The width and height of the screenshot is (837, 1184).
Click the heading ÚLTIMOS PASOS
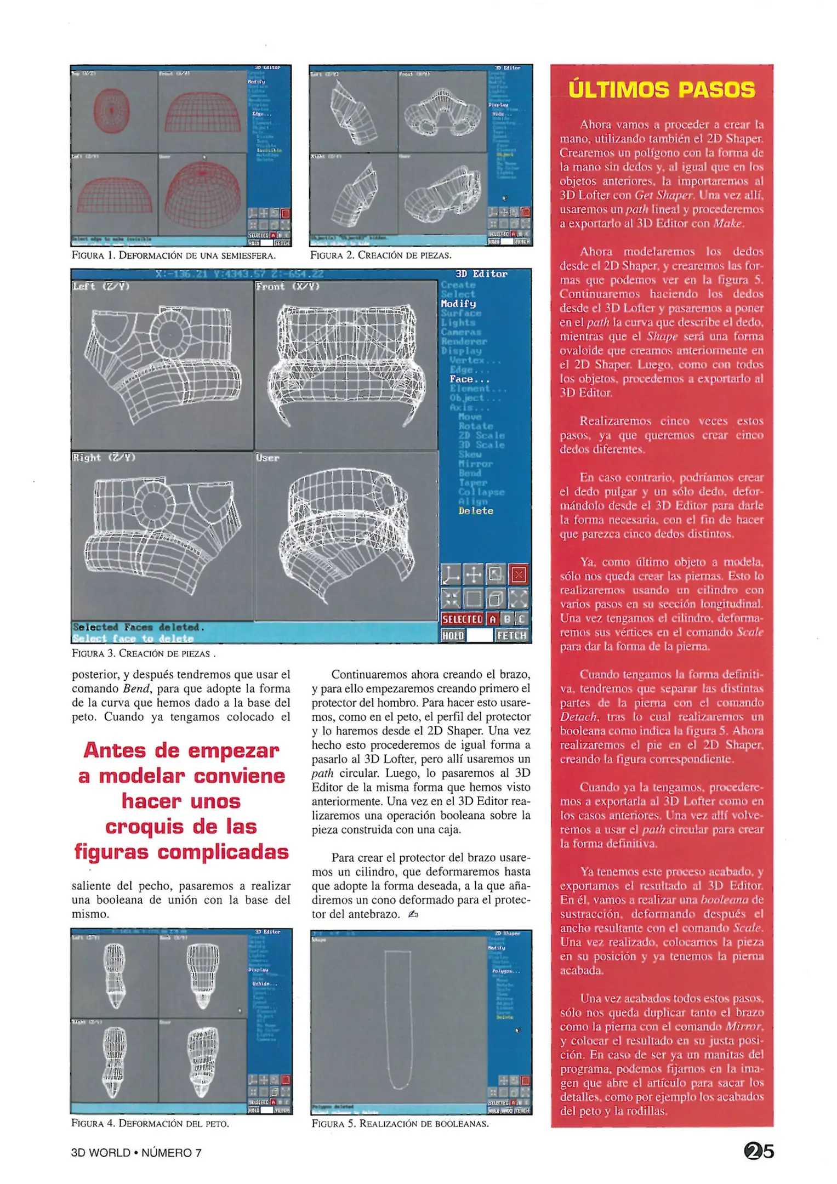pyautogui.click(x=662, y=89)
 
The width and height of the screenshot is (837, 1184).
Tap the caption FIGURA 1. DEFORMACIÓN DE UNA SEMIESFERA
pyautogui.click(x=174, y=255)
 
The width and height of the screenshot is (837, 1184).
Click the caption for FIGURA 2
pyautogui.click(x=381, y=255)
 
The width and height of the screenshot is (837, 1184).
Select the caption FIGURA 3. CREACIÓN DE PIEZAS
pyautogui.click(x=143, y=653)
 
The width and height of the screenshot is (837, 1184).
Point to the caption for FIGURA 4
pyautogui.click(x=150, y=1123)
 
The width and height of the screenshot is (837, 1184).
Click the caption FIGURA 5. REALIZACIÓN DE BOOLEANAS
pyautogui.click(x=400, y=1124)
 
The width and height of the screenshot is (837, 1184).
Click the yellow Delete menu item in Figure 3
pyautogui.click(x=476, y=511)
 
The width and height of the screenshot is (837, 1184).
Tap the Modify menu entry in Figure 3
pyautogui.click(x=458, y=304)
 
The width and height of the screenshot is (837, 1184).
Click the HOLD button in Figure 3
pyautogui.click(x=453, y=635)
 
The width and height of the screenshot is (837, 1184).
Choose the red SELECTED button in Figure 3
pyautogui.click(x=462, y=619)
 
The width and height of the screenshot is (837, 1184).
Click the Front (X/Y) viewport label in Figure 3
pyautogui.click(x=287, y=286)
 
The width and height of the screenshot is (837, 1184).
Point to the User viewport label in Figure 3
pyautogui.click(x=267, y=458)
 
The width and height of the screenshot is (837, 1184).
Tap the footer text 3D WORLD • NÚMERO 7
pyautogui.click(x=136, y=1153)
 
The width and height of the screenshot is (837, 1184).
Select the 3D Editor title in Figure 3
pyautogui.click(x=481, y=274)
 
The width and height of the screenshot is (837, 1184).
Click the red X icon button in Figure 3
pyautogui.click(x=519, y=575)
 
